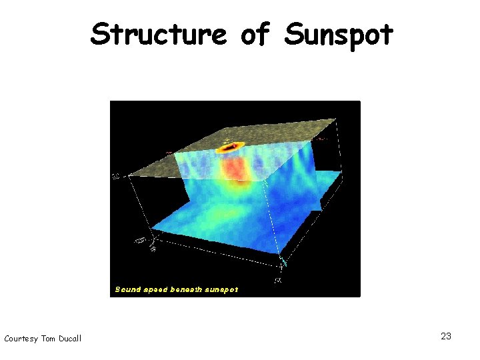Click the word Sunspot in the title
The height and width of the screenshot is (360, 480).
tap(338, 35)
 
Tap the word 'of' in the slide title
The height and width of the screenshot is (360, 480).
tap(255, 34)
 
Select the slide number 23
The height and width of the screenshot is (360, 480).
tap(446, 336)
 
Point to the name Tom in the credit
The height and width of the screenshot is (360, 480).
tap(48, 339)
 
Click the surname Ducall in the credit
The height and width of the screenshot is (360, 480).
tap(69, 339)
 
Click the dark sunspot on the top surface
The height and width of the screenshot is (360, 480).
tap(233, 147)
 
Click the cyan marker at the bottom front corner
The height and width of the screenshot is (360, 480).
tap(283, 261)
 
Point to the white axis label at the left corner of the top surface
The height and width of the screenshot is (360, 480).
tap(116, 177)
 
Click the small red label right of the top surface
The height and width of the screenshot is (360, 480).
tap(322, 139)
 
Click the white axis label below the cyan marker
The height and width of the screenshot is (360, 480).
tap(278, 279)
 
